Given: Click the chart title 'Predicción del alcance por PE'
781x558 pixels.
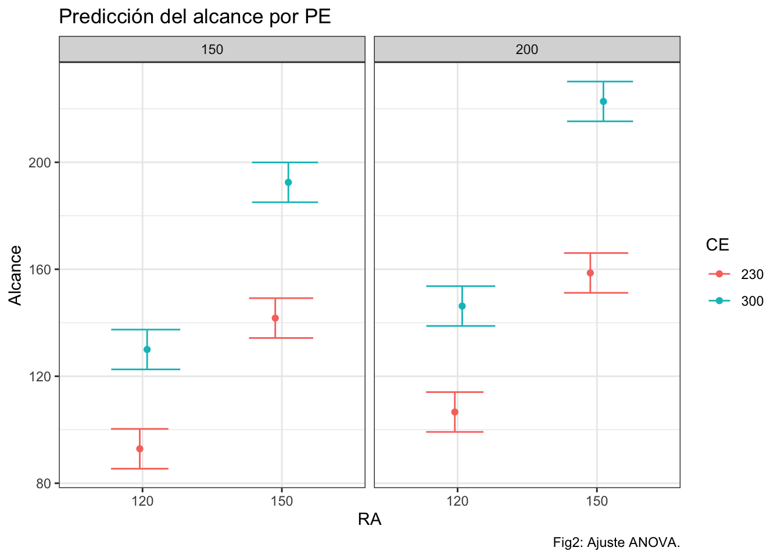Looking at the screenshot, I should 195,17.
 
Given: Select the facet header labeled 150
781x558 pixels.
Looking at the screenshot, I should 212,49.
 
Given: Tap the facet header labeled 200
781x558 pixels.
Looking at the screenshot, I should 527,49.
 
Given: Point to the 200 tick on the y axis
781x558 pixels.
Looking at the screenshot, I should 40,163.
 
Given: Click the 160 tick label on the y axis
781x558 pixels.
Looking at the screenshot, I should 40,270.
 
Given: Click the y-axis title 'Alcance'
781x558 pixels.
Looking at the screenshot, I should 16,275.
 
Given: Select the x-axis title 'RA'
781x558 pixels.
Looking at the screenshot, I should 370,519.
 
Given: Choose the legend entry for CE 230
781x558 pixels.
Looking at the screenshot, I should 736,274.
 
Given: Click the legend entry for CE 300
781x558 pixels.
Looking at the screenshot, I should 736,301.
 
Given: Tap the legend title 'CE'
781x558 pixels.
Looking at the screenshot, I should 717,245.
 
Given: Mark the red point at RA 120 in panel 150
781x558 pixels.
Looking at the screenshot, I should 139,449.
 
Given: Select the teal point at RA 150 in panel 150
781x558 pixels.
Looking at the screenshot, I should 288,183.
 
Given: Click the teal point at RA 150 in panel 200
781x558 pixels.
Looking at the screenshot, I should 603,102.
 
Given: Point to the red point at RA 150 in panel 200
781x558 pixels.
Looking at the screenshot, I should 590,273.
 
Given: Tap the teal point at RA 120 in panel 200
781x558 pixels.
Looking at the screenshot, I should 462,306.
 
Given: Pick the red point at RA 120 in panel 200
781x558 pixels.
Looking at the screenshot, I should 455,412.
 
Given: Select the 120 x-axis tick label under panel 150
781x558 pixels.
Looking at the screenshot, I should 142,501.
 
